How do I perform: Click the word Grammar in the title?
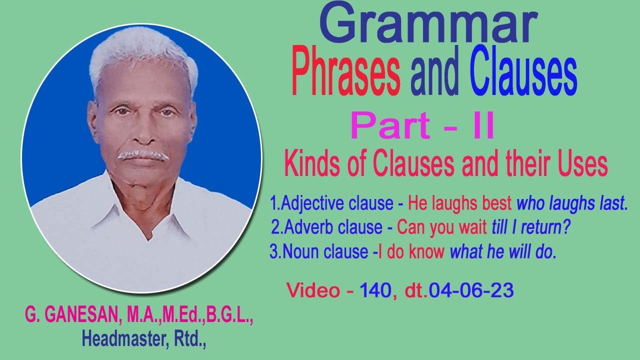[x=428, y=23]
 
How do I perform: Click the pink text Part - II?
[x=422, y=126]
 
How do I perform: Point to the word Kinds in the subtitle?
[x=312, y=165]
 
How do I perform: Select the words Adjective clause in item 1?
[x=337, y=203]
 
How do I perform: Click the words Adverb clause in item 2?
[x=333, y=227]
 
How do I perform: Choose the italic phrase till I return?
[x=531, y=227]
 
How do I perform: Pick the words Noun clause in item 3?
[x=325, y=252]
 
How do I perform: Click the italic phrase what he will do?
[x=503, y=252]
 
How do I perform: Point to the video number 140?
[x=375, y=290]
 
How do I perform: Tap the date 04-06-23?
[x=471, y=290]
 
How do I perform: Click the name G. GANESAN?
[x=71, y=315]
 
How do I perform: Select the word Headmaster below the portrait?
[x=123, y=339]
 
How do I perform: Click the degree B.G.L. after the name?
[x=230, y=315]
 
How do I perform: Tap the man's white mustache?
[x=142, y=155]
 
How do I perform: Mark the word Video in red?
[x=313, y=290]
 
